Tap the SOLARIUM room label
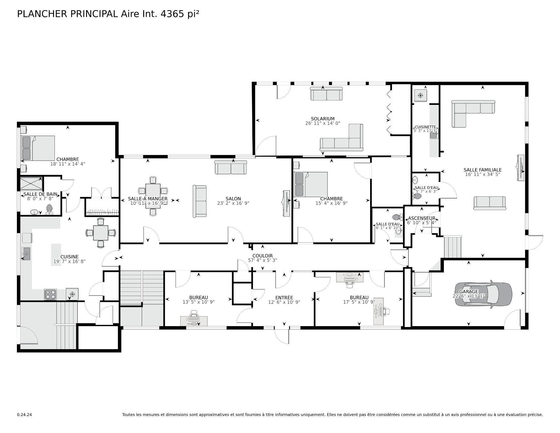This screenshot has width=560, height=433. pos(323,119)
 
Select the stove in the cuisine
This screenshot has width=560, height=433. pos(50,294)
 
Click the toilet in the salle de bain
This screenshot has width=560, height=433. pos(49,209)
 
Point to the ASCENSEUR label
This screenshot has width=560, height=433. pos(421,218)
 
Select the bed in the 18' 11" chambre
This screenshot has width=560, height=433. pos(38,148)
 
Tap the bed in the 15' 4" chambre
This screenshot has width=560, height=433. pos(311,184)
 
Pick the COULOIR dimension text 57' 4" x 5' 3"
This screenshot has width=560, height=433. pos(262,260)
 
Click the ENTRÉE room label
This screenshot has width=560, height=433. pos(284,298)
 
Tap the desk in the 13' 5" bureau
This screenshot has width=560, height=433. pos(194,321)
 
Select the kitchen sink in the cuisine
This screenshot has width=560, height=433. pos(26,253)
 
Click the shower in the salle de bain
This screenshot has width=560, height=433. pos(31,183)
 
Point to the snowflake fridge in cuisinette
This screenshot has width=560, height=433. pos(421,95)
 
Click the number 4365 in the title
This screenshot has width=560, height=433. pos(172,14)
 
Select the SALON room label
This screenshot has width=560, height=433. pos(233,199)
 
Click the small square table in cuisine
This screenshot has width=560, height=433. pos(101,233)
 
